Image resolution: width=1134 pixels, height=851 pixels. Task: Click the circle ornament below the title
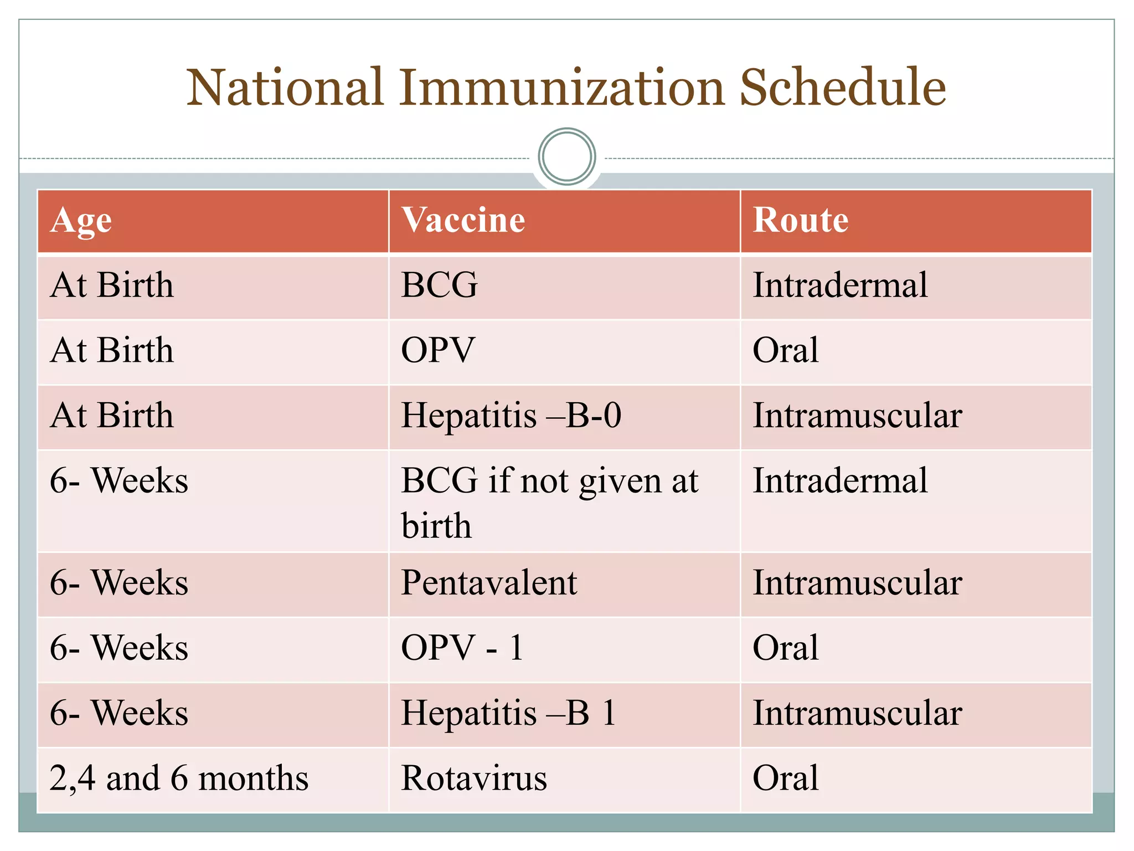pyautogui.click(x=566, y=156)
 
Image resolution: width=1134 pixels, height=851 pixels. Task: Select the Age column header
pyautogui.click(x=81, y=221)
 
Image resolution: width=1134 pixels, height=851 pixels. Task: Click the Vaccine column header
pyautogui.click(x=463, y=221)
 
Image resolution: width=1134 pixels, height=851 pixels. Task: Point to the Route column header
pyautogui.click(x=800, y=221)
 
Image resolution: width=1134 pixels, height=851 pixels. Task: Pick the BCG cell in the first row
pyautogui.click(x=439, y=285)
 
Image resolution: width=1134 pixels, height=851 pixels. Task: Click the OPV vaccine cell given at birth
pyautogui.click(x=437, y=350)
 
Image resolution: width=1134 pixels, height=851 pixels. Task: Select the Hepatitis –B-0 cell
pyautogui.click(x=511, y=416)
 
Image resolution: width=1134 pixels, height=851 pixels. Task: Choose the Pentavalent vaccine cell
pyautogui.click(x=489, y=583)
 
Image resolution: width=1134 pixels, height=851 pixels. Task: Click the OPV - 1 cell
pyautogui.click(x=462, y=648)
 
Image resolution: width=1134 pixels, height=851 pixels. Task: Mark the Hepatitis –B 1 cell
pyautogui.click(x=508, y=713)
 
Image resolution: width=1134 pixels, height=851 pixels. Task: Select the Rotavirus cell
pyautogui.click(x=474, y=778)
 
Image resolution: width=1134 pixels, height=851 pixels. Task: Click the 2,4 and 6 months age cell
pyautogui.click(x=178, y=778)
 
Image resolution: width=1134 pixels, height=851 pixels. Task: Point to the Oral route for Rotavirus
pyautogui.click(x=785, y=778)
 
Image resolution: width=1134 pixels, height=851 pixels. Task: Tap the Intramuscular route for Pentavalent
pyautogui.click(x=857, y=583)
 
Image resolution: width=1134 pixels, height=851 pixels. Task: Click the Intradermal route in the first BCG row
pyautogui.click(x=840, y=285)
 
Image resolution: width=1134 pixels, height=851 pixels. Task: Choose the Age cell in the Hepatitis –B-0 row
pyautogui.click(x=112, y=416)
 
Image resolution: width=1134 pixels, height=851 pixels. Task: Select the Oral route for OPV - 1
pyautogui.click(x=785, y=648)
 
